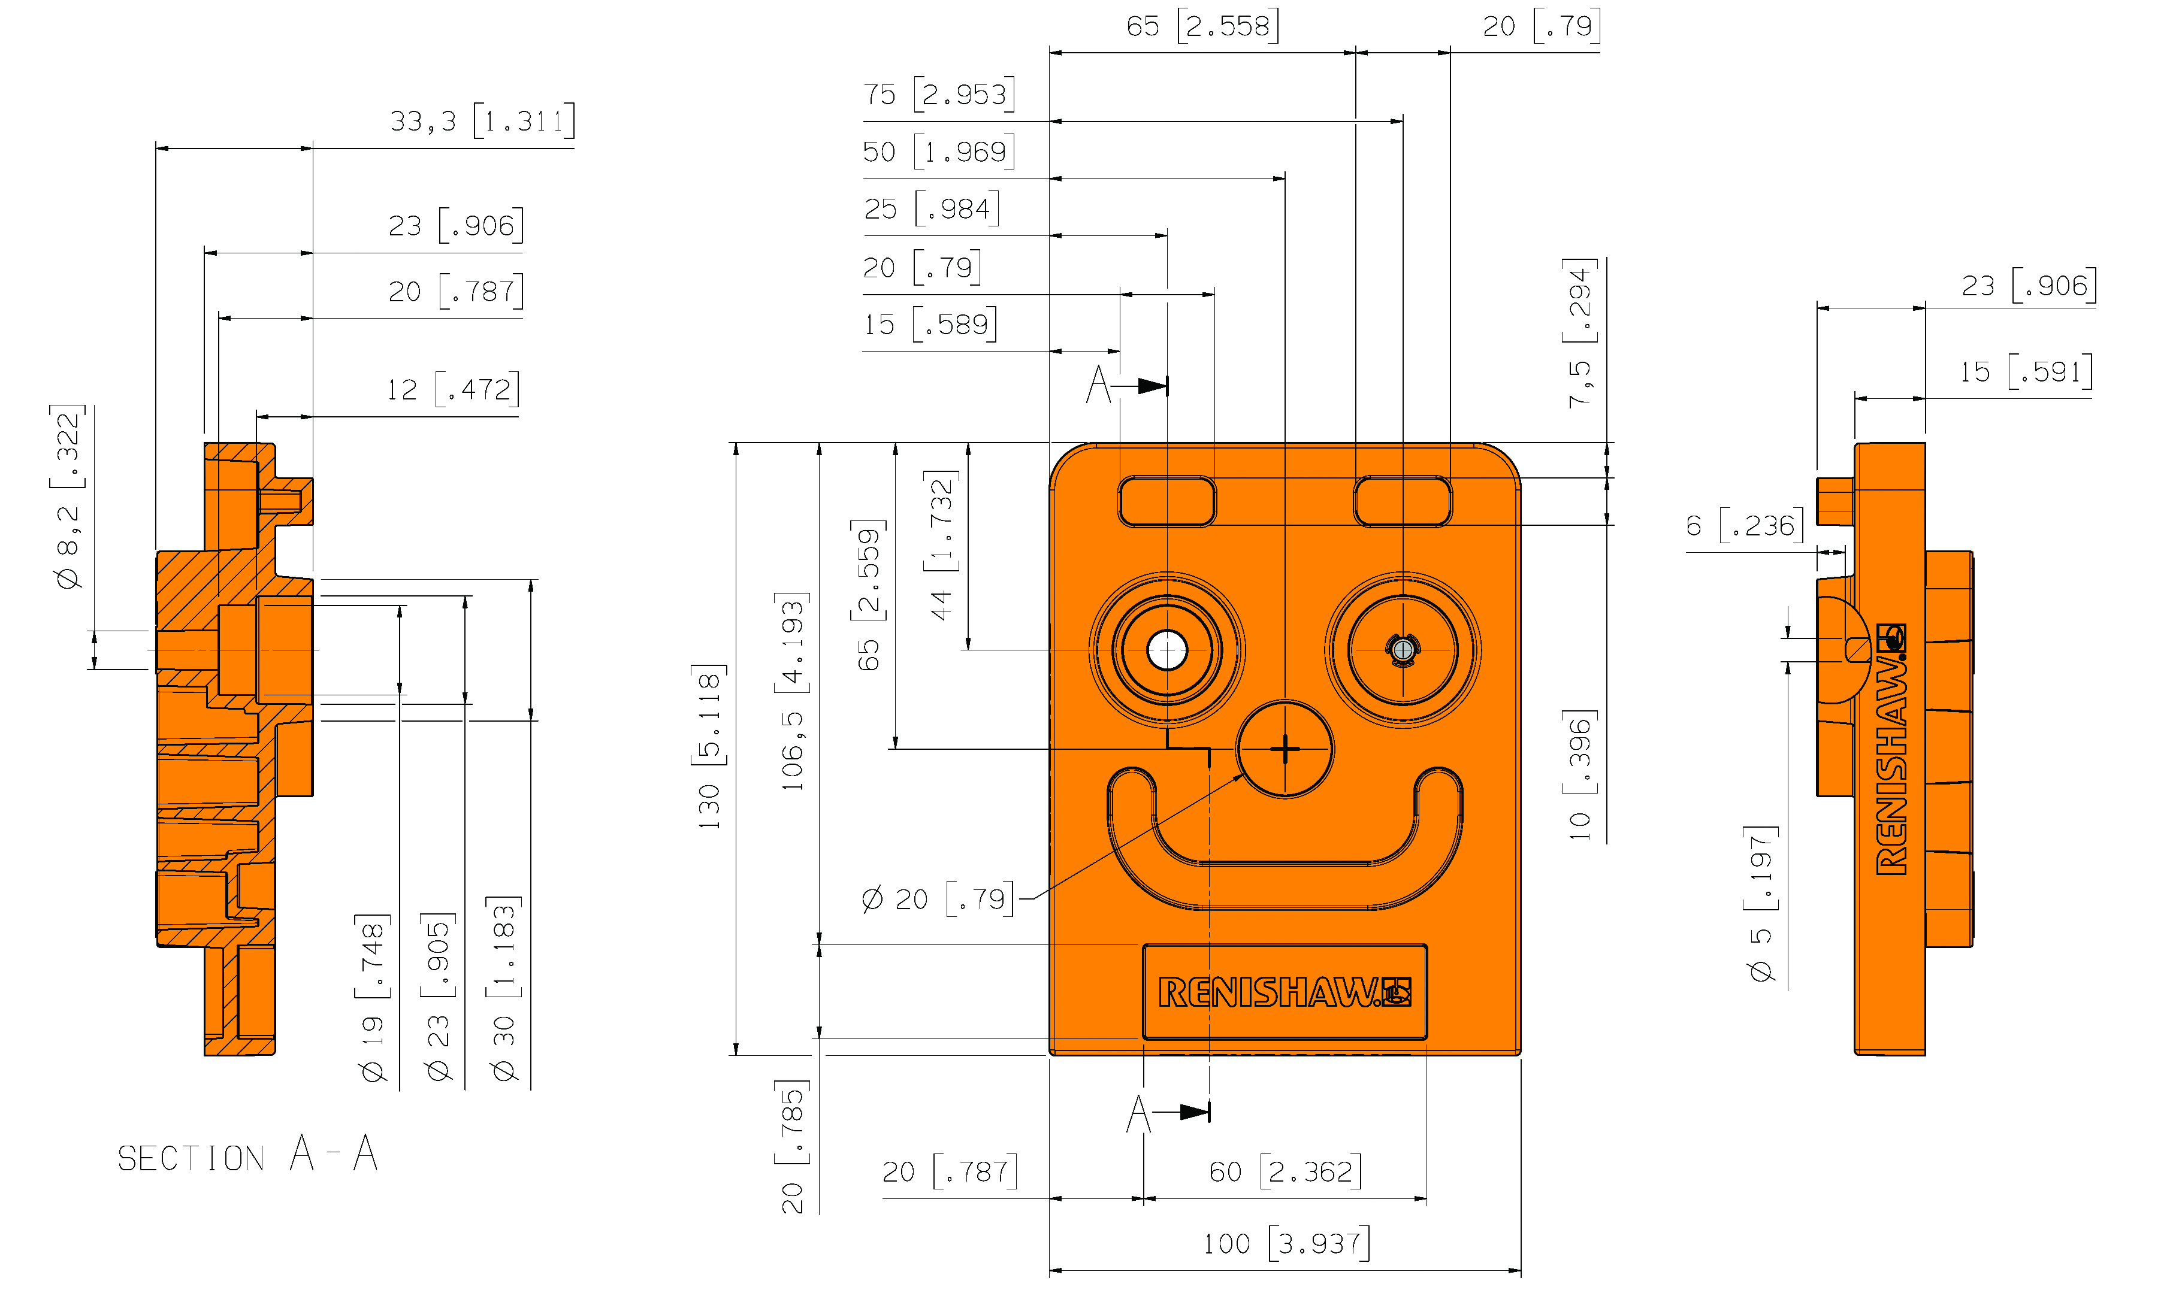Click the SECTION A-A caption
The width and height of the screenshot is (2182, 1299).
[x=248, y=1155]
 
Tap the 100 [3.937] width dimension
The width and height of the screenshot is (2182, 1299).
[x=1285, y=1243]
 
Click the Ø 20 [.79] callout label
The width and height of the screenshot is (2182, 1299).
[x=937, y=899]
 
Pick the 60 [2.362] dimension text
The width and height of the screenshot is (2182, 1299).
[x=1285, y=1171]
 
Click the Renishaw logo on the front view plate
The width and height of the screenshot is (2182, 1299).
[x=1285, y=992]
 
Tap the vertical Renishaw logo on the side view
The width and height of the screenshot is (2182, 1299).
[x=1891, y=749]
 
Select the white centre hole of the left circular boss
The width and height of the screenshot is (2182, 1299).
[x=1166, y=650]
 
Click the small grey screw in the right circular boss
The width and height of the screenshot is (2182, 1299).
[x=1403, y=649]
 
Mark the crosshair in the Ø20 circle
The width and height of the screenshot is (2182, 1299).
[x=1285, y=749]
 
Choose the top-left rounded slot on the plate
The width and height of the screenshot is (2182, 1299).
[x=1166, y=501]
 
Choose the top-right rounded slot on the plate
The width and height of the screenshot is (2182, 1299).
[x=1402, y=501]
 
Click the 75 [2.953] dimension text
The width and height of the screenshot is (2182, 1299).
[x=939, y=93]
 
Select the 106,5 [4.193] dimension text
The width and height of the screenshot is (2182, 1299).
[x=793, y=692]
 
